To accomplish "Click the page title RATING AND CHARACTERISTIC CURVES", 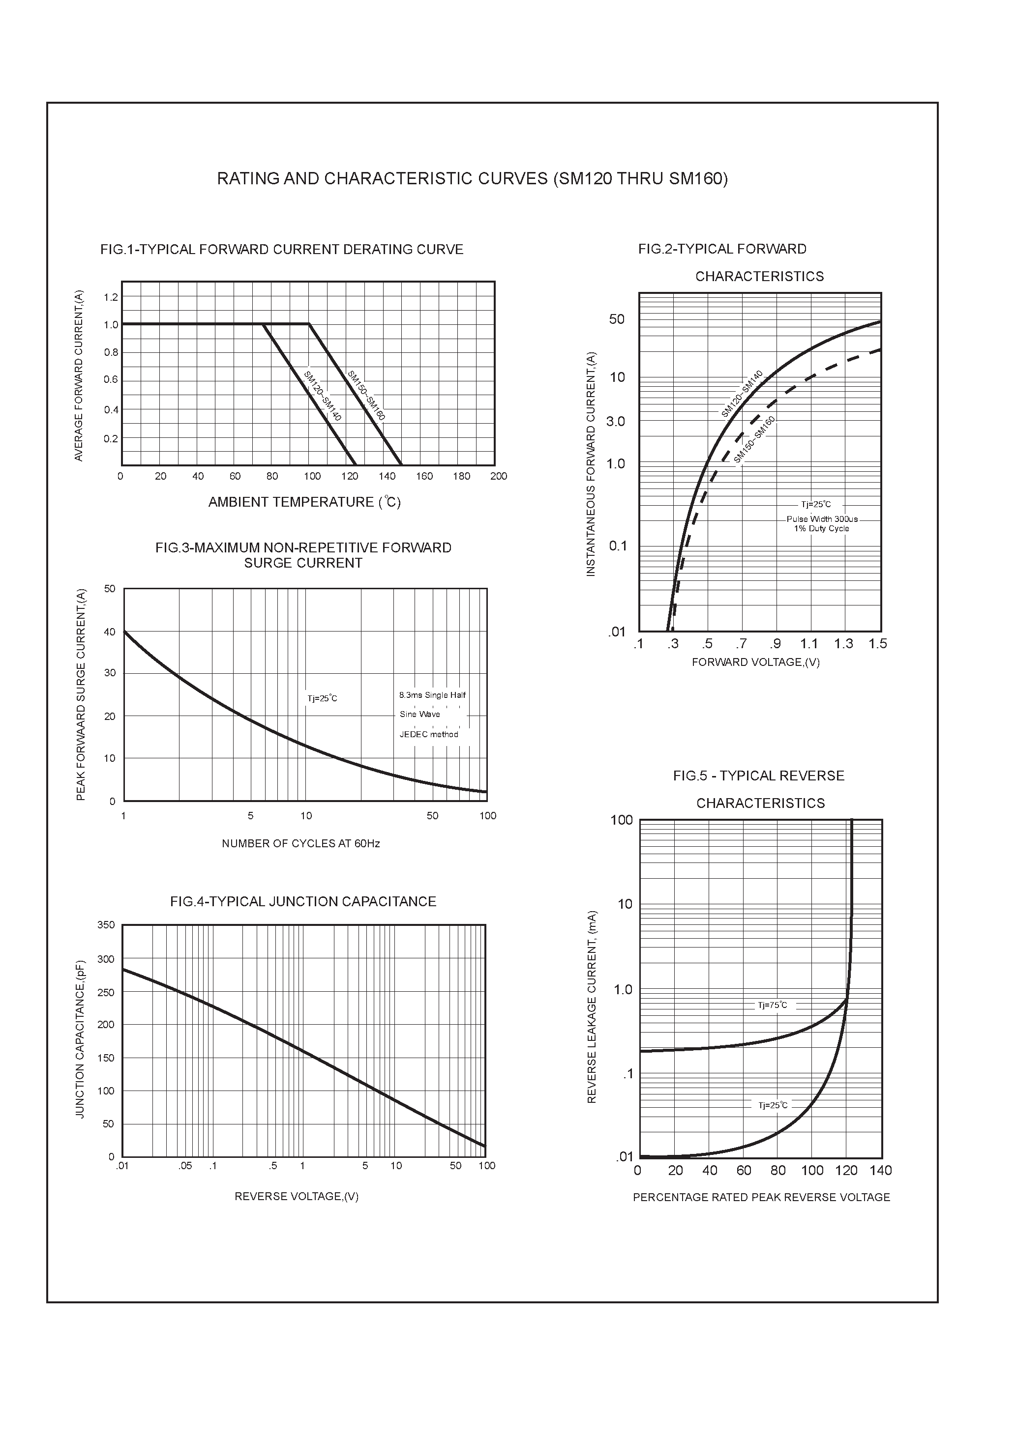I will (472, 179).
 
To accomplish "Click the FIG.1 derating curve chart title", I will (282, 250).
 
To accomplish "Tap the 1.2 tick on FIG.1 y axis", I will (111, 297).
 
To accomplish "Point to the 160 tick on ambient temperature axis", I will (424, 476).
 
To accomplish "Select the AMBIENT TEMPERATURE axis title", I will (304, 502).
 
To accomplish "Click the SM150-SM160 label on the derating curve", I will (366, 396).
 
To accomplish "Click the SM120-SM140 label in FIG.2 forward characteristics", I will (742, 394).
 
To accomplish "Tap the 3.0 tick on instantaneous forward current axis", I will (616, 422).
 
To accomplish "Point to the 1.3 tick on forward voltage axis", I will (843, 644).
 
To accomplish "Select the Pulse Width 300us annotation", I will (822, 519).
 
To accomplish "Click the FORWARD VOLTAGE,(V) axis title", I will (755, 662).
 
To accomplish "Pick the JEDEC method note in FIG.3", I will (429, 734).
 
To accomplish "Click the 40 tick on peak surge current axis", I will (110, 632).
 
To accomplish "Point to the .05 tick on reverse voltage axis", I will (185, 1166).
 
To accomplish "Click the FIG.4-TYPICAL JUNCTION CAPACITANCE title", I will (303, 902).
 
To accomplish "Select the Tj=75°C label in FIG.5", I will (773, 1005).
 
